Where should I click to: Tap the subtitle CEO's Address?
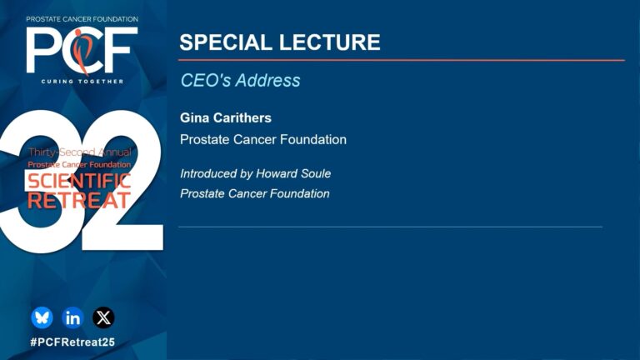(x=240, y=80)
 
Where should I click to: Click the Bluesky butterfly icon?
(x=42, y=317)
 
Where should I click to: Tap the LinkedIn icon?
(x=72, y=317)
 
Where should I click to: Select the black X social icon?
(x=103, y=317)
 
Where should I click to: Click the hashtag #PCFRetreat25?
(x=72, y=342)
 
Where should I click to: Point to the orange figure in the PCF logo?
(x=82, y=52)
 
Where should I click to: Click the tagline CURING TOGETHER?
(x=82, y=81)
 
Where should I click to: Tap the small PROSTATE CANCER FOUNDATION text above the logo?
(x=82, y=19)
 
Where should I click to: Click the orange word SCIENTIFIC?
(x=79, y=181)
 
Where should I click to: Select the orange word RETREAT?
(x=79, y=200)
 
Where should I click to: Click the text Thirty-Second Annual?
(x=80, y=152)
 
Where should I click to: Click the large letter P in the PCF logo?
(x=42, y=50)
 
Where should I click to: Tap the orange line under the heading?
(x=402, y=60)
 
